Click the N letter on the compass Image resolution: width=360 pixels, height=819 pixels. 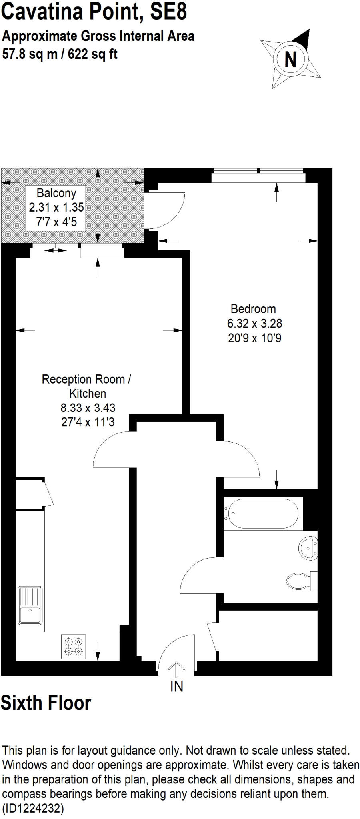coord(290,60)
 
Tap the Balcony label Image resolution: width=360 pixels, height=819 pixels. coord(56,193)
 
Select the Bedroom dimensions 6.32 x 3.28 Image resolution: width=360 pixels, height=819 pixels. coord(254,323)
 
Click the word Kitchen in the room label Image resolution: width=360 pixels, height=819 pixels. coord(88,393)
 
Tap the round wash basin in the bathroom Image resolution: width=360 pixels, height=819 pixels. coord(308,548)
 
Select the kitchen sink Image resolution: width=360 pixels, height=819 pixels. coord(30,605)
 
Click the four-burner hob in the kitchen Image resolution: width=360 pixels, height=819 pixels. coord(73,646)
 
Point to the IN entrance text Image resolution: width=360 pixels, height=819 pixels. coord(177,686)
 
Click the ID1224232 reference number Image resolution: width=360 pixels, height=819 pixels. coord(33,808)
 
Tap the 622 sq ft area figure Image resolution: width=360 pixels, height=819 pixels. coord(93,54)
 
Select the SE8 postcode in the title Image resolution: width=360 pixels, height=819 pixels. coord(168,12)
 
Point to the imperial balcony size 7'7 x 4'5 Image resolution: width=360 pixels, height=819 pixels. coord(56,222)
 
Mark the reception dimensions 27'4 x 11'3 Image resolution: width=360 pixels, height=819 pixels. coord(88,422)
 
